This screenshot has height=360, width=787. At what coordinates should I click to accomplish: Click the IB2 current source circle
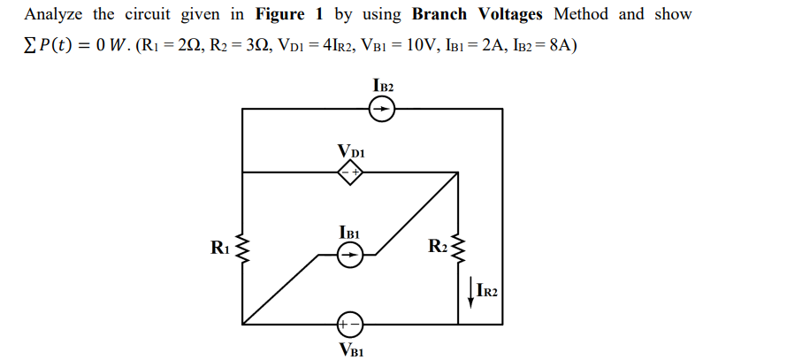(382, 109)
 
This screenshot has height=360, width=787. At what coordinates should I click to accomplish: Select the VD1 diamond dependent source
(350, 173)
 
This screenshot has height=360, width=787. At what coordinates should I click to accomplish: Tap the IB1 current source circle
(350, 257)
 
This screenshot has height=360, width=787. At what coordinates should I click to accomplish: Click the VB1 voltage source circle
(350, 324)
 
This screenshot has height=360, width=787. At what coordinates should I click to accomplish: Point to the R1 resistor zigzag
(242, 249)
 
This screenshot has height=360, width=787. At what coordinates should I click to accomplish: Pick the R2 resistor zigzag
(458, 249)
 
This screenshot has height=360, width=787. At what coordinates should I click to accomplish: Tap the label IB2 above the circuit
(384, 87)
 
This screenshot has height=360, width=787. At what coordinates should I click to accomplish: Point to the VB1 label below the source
(351, 349)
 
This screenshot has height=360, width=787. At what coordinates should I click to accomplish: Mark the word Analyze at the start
(53, 14)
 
